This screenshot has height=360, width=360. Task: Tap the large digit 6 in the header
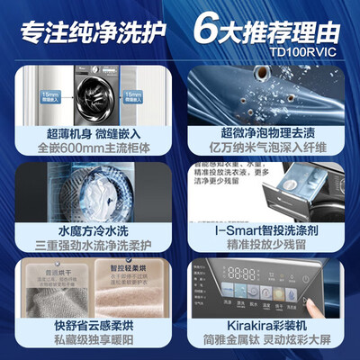pos(205,22)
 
